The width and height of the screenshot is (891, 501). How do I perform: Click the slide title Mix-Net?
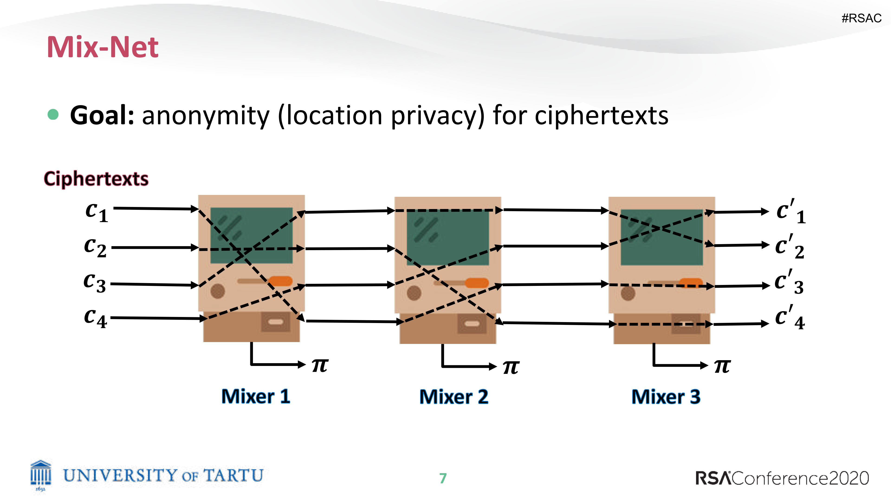[102, 47]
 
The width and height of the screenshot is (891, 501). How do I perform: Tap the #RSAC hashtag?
[861, 18]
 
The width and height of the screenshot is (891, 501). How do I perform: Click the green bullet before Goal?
[53, 114]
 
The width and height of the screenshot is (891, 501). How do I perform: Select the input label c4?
[95, 318]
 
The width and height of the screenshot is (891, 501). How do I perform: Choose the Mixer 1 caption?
[256, 396]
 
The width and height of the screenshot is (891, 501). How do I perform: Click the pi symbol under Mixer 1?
[320, 365]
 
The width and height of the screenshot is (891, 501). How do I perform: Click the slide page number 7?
[443, 478]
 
